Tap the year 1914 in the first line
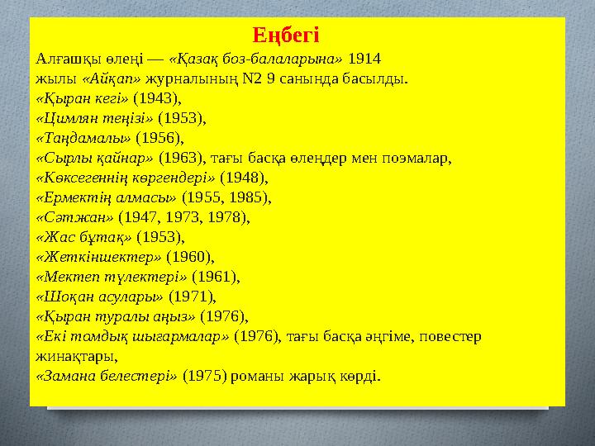tap(364, 59)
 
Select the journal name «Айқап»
tap(112, 80)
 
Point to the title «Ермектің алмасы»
tap(106, 197)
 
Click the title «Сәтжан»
tap(75, 217)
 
